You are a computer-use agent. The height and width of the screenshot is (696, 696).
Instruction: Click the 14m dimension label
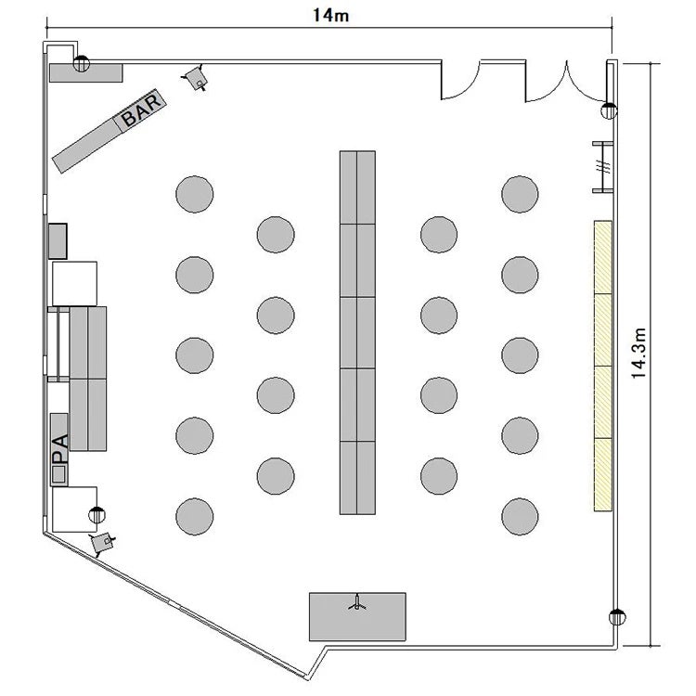330,15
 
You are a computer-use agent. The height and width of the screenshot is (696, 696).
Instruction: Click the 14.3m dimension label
638,354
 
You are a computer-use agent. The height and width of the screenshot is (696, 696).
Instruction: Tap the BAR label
141,110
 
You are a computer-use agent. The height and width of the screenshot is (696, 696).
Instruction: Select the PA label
60,449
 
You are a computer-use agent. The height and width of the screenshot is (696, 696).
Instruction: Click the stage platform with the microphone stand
357,616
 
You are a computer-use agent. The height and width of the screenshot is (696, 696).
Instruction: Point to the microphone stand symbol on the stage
357,602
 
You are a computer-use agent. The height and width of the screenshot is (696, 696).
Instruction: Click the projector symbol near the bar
196,78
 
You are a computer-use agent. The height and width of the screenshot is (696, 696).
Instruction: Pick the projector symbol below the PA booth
102,543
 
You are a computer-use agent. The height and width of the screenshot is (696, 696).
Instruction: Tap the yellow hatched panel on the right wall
603,367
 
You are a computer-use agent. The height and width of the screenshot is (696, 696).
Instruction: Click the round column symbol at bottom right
616,617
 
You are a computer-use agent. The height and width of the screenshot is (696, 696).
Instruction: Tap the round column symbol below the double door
609,110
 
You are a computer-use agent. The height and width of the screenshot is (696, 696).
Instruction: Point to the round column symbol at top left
82,64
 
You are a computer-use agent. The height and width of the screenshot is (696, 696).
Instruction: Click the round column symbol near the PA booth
97,514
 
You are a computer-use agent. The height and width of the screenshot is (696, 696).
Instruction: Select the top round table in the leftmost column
195,194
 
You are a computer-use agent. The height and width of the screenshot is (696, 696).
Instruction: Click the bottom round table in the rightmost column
520,516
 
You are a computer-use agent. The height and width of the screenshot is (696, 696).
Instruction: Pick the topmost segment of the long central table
357,187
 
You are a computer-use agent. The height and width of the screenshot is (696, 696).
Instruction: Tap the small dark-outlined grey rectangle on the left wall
58,241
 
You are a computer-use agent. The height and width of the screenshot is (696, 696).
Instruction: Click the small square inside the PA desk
58,474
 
